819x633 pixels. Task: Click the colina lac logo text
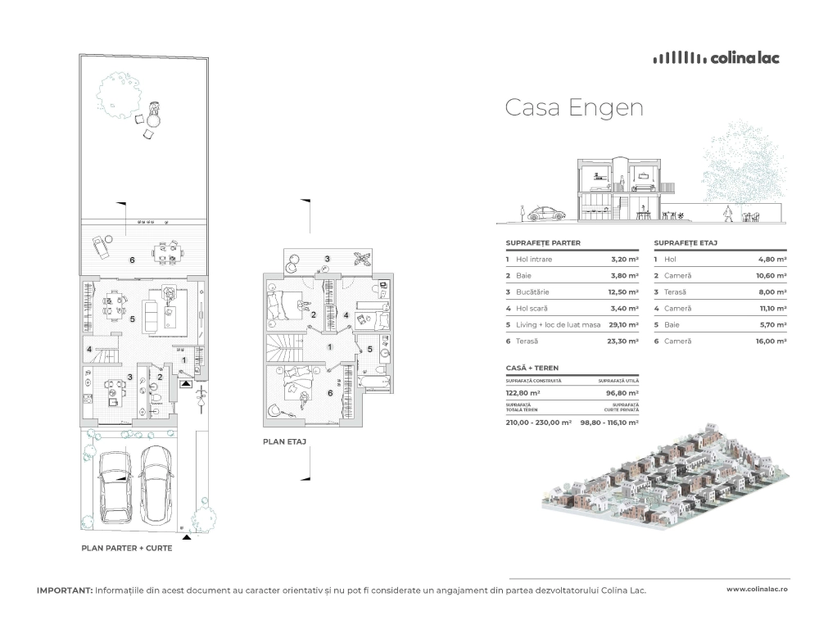click(x=745, y=58)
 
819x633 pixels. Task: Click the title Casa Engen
click(x=574, y=107)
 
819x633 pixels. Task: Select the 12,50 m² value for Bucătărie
click(x=623, y=292)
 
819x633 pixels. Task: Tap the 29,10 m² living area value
click(x=623, y=325)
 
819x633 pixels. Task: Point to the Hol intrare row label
click(x=534, y=259)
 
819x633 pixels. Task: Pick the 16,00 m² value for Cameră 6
click(x=772, y=341)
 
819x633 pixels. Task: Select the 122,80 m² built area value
click(x=523, y=393)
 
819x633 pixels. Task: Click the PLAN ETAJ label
click(x=285, y=442)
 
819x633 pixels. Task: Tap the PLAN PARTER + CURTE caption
click(x=127, y=549)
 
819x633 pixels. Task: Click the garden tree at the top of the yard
click(x=119, y=94)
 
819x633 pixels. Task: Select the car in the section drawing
click(x=546, y=214)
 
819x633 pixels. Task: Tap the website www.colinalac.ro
click(x=757, y=589)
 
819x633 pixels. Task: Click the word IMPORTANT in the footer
click(x=65, y=590)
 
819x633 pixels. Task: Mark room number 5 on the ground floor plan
click(x=133, y=319)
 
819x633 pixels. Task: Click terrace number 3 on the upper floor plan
click(x=328, y=259)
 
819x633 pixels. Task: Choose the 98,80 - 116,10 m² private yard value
click(x=609, y=423)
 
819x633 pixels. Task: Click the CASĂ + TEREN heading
click(x=532, y=368)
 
